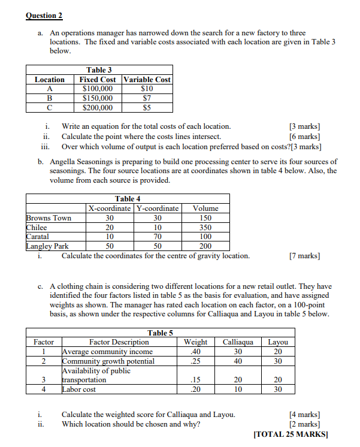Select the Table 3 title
pos(99,70)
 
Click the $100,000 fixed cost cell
pos(97,89)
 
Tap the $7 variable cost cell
pos(146,98)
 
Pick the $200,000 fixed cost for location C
pos(97,108)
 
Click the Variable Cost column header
pos(147,80)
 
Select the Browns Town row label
pos(49,218)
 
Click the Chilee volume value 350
pos(205,227)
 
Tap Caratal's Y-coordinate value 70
pos(158,237)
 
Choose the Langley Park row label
pos(48,246)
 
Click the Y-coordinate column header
pos(158,209)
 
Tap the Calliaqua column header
pos(238,342)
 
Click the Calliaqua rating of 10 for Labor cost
pos(238,389)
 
